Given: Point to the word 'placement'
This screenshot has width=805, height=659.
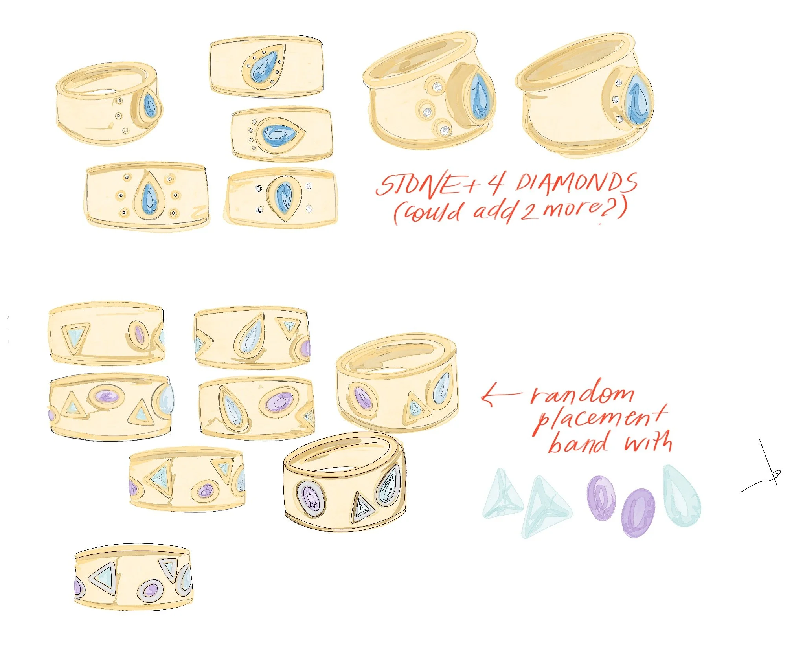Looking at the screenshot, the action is coord(599,420).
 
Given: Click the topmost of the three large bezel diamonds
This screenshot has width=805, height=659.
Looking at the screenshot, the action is coord(436,86).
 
